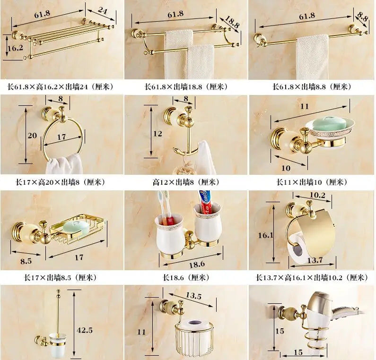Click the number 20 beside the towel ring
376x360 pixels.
coord(32,136)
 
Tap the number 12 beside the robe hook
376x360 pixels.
coord(158,134)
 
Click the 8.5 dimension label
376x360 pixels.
coord(26,259)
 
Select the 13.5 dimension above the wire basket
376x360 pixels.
coord(193,296)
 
